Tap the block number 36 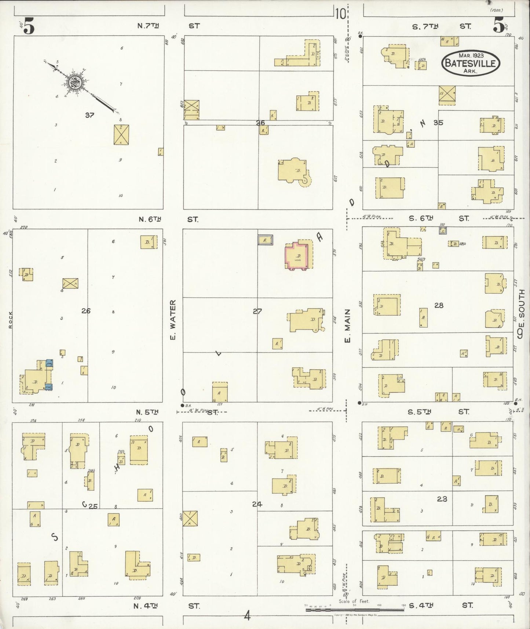pyautogui.click(x=260, y=123)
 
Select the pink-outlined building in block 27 pyautogui.click(x=297, y=255)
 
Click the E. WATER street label pyautogui.click(x=173, y=320)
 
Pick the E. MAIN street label pyautogui.click(x=347, y=326)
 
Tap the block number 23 pyautogui.click(x=442, y=499)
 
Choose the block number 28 pyautogui.click(x=439, y=305)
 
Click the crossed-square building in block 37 pyautogui.click(x=121, y=134)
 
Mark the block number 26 pyautogui.click(x=86, y=311)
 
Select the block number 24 pyautogui.click(x=257, y=504)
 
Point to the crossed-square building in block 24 pyautogui.click(x=190, y=519)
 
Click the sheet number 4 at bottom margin pyautogui.click(x=247, y=616)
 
